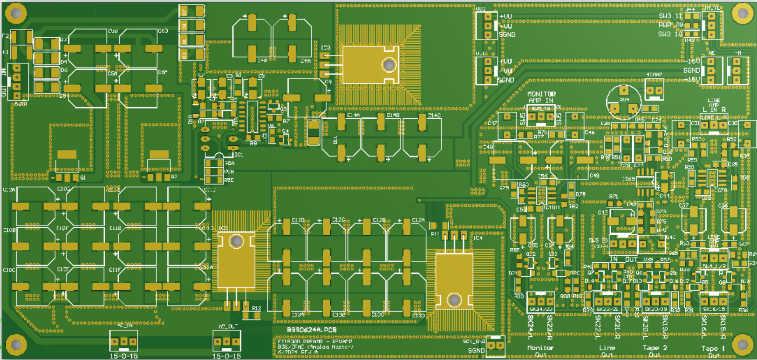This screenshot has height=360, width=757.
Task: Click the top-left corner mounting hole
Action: (x=16, y=14)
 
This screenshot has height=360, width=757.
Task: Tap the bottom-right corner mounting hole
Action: (x=742, y=344)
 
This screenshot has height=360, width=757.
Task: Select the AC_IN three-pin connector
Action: (x=123, y=341)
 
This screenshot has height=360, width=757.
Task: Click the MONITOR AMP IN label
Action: (x=541, y=97)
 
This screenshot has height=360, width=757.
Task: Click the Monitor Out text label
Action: (x=540, y=351)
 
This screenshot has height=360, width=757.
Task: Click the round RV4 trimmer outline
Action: (x=624, y=102)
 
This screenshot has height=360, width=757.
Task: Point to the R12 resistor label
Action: (x=257, y=308)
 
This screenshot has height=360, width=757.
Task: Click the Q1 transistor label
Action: (x=83, y=177)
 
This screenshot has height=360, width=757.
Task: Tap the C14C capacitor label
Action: (x=434, y=115)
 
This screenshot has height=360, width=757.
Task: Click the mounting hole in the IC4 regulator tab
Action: (x=454, y=299)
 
